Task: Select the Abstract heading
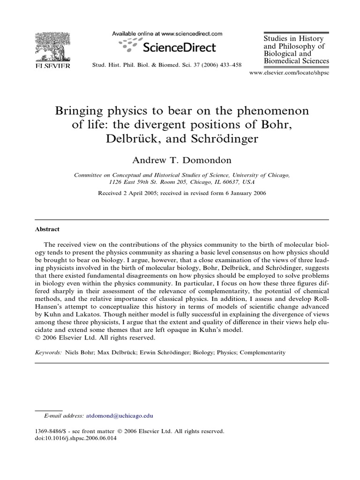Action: [x=47, y=230]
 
